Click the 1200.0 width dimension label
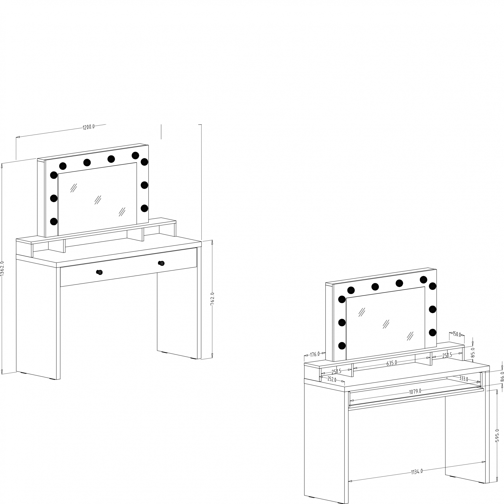tap(89, 127)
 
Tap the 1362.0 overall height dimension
tap(2, 268)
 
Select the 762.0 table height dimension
tap(212, 299)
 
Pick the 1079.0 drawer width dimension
tap(415, 391)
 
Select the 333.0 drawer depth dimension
tap(464, 379)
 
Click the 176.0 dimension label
tap(314, 354)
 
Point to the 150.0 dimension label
tap(457, 334)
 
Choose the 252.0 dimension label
tap(332, 379)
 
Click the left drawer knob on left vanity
tap(99, 272)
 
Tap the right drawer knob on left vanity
tap(162, 263)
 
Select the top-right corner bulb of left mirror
tap(144, 162)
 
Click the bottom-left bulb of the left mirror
tap(54, 222)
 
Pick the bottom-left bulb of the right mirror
tap(342, 346)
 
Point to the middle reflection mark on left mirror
tap(98, 200)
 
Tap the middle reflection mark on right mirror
tap(386, 324)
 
